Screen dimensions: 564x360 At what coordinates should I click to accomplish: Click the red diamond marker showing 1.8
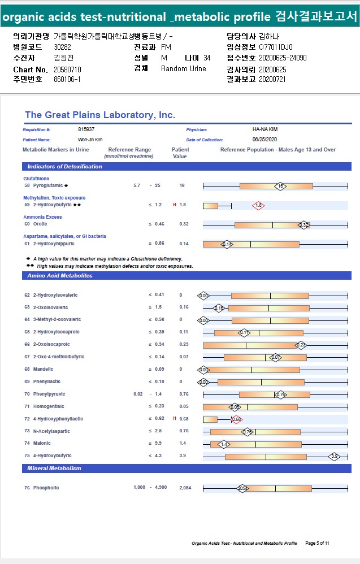(x=258, y=206)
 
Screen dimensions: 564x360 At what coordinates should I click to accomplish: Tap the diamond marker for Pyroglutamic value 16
(x=280, y=186)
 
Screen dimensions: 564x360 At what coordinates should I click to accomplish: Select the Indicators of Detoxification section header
(x=65, y=167)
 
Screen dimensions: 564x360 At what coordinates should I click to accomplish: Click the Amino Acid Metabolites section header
(x=60, y=276)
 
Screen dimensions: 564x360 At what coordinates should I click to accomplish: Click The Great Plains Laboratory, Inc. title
(x=100, y=115)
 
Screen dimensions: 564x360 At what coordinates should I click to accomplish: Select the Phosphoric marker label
(x=46, y=488)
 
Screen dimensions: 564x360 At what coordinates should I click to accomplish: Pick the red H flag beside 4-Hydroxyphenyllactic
(x=175, y=419)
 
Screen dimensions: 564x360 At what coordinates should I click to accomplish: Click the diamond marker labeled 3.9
(x=334, y=456)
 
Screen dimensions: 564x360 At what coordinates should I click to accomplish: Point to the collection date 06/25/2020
(x=265, y=139)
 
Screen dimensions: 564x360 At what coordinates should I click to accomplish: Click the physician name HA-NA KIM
(x=265, y=129)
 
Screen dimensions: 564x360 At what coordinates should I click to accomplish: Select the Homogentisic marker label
(x=48, y=406)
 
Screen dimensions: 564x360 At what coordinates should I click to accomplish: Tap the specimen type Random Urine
(x=183, y=69)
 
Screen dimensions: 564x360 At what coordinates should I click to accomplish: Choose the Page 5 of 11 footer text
(x=317, y=543)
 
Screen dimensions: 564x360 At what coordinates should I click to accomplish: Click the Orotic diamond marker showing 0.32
(x=303, y=225)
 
